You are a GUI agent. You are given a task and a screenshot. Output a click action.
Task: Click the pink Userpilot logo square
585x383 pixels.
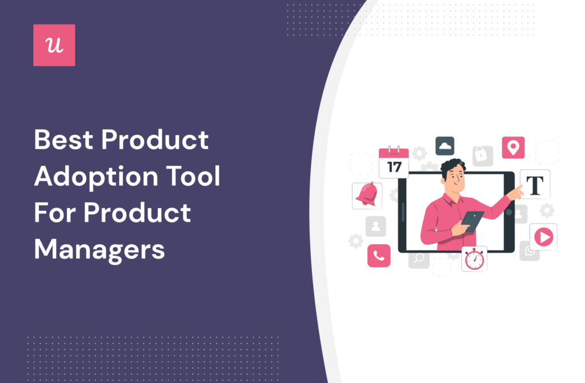(54, 45)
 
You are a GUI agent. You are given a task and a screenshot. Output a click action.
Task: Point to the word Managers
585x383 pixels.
(99, 249)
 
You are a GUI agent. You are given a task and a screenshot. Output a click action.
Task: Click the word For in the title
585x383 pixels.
(54, 213)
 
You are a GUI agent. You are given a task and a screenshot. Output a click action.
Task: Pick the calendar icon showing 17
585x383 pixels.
(394, 162)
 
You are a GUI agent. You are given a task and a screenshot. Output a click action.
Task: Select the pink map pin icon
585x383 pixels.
(513, 147)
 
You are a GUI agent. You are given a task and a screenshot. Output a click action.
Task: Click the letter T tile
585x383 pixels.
(535, 184)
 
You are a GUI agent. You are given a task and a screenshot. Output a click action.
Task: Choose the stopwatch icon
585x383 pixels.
(474, 258)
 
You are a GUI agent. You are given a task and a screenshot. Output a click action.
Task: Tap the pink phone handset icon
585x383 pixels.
(378, 256)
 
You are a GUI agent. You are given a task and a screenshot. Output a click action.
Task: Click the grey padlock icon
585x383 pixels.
(482, 156)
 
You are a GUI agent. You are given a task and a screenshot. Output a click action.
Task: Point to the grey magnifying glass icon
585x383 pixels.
(419, 258)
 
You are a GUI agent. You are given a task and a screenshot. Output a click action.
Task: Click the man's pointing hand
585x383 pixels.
(515, 192)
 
